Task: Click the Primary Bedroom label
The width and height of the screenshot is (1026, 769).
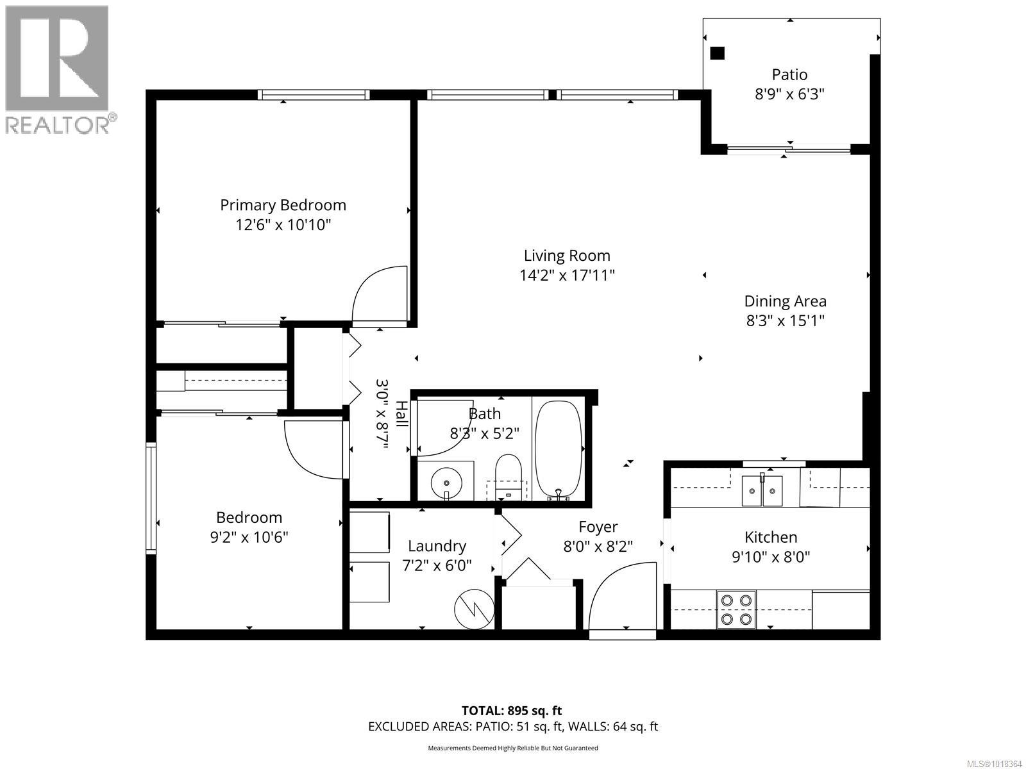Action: (x=283, y=205)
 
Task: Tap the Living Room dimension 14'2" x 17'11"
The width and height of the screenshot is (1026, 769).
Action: (x=567, y=276)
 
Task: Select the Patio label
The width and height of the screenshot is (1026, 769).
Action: (x=789, y=74)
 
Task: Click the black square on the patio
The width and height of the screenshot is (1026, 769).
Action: (x=718, y=53)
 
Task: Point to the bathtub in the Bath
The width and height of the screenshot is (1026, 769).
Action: (x=559, y=449)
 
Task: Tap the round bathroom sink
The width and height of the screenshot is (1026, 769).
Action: (x=445, y=479)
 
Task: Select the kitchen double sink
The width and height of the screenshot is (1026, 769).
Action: (x=762, y=490)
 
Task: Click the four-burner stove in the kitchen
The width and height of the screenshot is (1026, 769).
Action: (x=736, y=609)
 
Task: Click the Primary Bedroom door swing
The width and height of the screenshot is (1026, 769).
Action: (x=378, y=295)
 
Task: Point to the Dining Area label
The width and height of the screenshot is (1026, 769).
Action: (x=785, y=301)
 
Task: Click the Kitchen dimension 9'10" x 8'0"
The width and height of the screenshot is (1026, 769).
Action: (x=771, y=557)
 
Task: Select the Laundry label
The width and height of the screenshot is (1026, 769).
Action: (x=437, y=546)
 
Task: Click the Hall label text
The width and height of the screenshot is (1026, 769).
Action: (x=401, y=414)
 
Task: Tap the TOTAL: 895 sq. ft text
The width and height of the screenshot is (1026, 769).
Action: (x=512, y=710)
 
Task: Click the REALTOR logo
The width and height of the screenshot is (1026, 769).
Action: (x=58, y=69)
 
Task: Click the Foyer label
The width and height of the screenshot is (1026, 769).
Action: (x=598, y=527)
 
